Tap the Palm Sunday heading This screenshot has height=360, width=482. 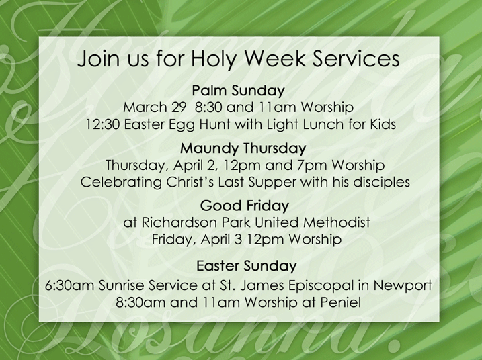239,91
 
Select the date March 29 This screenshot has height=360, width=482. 155,107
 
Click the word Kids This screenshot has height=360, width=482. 383,124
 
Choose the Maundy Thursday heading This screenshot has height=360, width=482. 243,148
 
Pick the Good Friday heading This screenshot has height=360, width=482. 245,206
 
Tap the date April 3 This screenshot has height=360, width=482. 221,239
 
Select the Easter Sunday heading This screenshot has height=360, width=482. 247,266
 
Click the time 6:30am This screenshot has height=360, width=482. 70,285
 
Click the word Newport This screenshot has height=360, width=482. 403,286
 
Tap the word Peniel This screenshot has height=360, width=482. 341,302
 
